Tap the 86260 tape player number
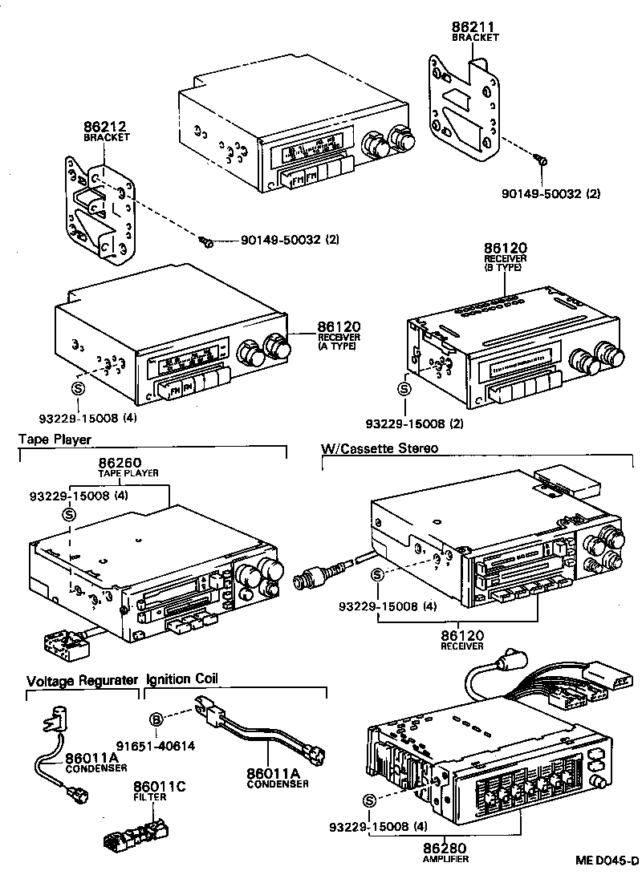point(120,463)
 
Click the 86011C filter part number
point(159,787)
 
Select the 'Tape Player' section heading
point(55,439)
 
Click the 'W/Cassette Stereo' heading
point(380,448)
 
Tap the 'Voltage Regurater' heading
point(82,680)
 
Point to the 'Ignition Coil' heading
point(181,679)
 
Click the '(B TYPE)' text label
point(503,268)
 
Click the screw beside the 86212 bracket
point(207,241)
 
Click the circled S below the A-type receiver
point(78,387)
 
